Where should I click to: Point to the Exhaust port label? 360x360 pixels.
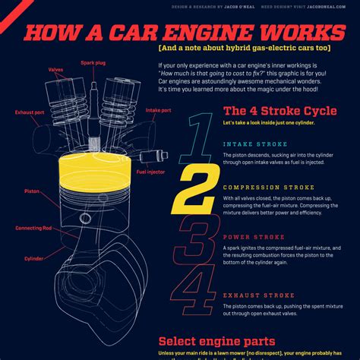click(29, 112)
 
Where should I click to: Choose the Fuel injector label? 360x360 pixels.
click(151, 172)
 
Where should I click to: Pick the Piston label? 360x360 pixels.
click(32, 191)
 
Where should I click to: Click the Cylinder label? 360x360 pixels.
click(34, 257)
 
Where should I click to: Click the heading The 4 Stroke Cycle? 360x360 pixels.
click(280, 111)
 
